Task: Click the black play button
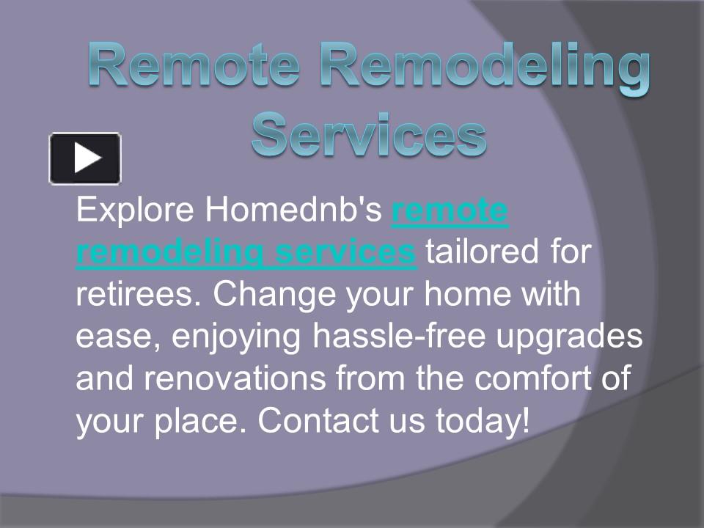85,158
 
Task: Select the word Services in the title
368,134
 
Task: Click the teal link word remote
450,211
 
